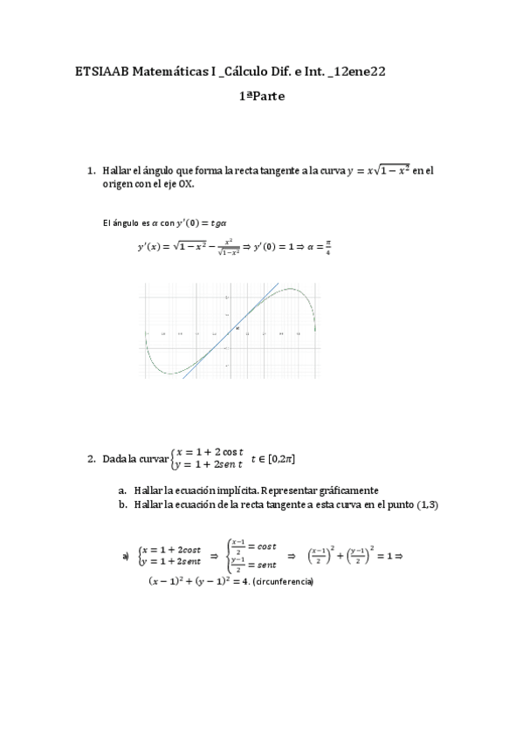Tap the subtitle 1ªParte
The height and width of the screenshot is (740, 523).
click(261, 97)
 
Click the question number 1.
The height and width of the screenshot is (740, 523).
click(90, 170)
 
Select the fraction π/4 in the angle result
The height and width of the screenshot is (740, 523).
click(329, 248)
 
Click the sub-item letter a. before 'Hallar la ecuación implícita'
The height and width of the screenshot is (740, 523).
click(123, 490)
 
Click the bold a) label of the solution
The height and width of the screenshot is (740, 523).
click(126, 555)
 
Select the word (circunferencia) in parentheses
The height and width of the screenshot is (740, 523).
click(282, 582)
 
